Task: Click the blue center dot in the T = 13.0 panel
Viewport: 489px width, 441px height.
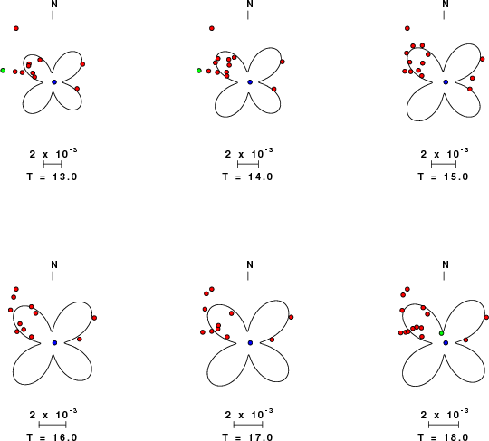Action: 54,82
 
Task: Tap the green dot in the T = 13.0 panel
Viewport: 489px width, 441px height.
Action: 3,71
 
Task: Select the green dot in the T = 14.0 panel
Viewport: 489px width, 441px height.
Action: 199,71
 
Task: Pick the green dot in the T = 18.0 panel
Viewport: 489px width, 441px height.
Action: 442,333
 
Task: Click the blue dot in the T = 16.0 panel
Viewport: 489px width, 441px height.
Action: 55,343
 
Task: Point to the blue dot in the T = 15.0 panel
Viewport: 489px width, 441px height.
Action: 446,82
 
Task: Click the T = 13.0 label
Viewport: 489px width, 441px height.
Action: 52,177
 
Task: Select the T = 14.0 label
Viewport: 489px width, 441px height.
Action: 247,177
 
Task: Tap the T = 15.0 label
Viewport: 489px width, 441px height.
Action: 443,177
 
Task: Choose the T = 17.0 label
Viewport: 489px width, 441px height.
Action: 247,437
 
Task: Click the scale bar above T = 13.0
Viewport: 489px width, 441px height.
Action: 53,164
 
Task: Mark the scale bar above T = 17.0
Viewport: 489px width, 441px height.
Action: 248,425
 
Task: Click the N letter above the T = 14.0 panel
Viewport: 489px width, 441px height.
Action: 250,4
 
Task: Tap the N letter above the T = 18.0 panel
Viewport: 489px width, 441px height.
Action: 446,264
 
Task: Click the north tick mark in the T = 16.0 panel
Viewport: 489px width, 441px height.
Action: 53,275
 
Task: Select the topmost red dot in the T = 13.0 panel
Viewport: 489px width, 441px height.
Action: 16,28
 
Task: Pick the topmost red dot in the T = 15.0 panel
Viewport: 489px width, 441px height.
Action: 407,28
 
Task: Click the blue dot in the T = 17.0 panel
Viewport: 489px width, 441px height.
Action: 250,343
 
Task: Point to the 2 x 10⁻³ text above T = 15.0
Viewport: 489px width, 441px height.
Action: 445,153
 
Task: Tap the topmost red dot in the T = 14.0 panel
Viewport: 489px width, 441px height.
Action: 212,28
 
